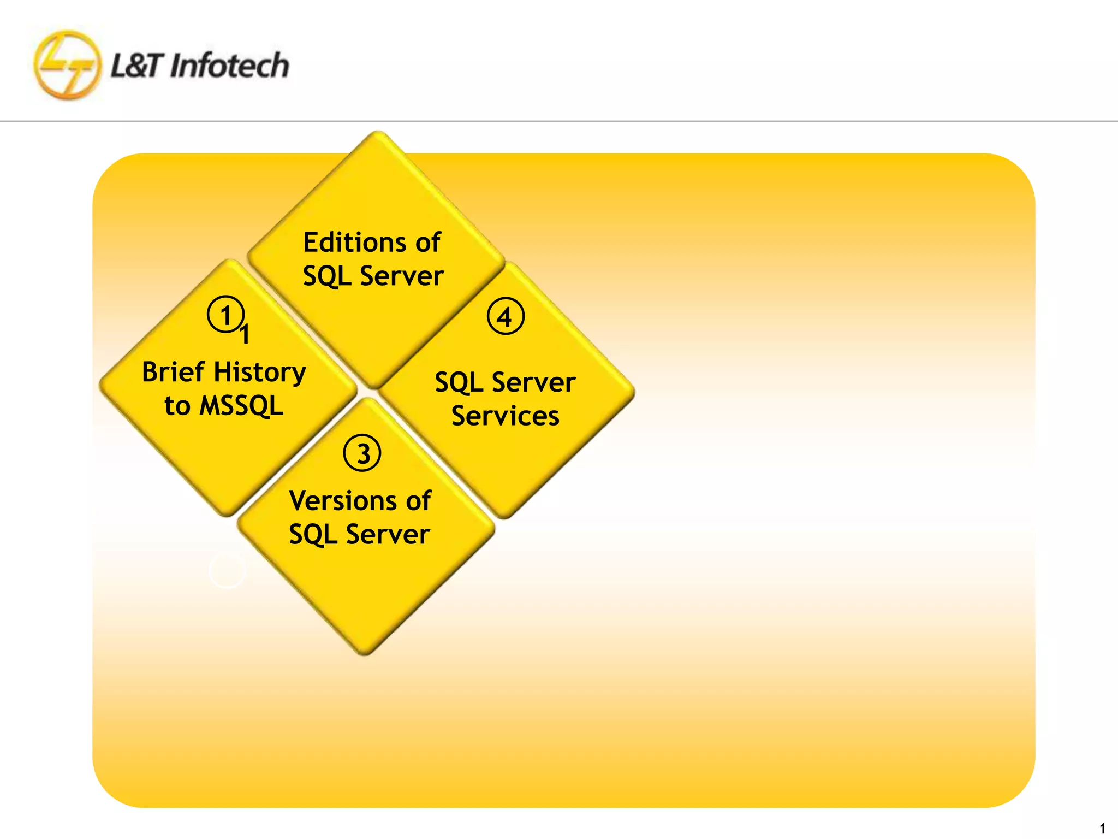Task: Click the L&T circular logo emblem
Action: click(67, 66)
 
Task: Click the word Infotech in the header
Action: click(229, 66)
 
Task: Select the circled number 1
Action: click(225, 315)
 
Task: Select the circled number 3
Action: click(362, 453)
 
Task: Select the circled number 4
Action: click(506, 316)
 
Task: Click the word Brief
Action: click(173, 372)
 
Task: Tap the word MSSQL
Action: click(241, 406)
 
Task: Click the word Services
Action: click(505, 416)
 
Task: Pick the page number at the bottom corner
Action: click(1102, 828)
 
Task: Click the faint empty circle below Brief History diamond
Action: click(227, 570)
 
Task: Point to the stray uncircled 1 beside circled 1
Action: click(245, 334)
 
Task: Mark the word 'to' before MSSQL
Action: click(177, 406)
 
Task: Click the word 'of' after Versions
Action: click(418, 501)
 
